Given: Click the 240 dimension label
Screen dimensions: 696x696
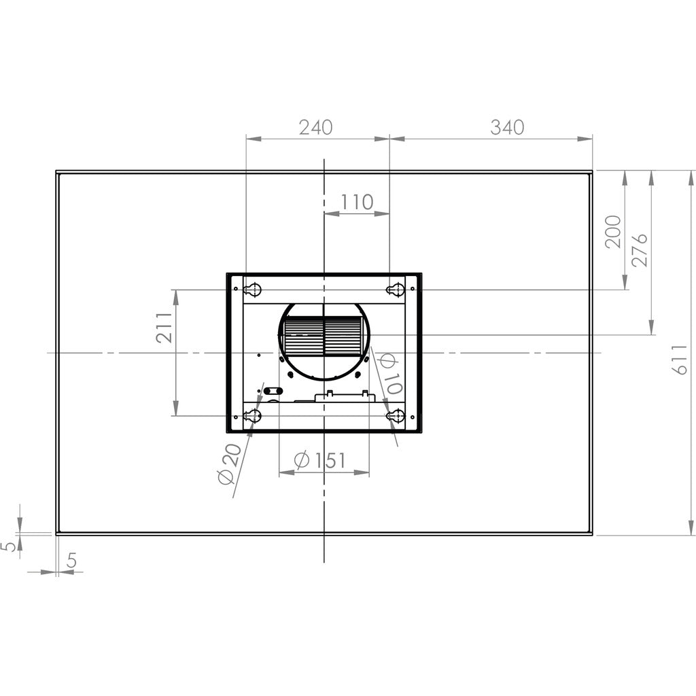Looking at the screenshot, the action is pos(315,127).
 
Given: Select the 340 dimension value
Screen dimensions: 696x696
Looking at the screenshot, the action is pos(507,127).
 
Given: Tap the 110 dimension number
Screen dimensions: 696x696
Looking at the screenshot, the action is pos(357,202).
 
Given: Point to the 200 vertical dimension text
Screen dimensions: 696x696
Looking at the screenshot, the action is pos(613,232).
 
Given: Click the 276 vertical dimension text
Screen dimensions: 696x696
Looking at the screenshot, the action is pos(640,250).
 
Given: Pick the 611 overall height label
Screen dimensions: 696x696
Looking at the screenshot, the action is pos(679,360).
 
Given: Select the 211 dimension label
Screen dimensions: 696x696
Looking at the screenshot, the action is pos(164,328).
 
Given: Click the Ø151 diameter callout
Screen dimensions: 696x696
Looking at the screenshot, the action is pos(319,460).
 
